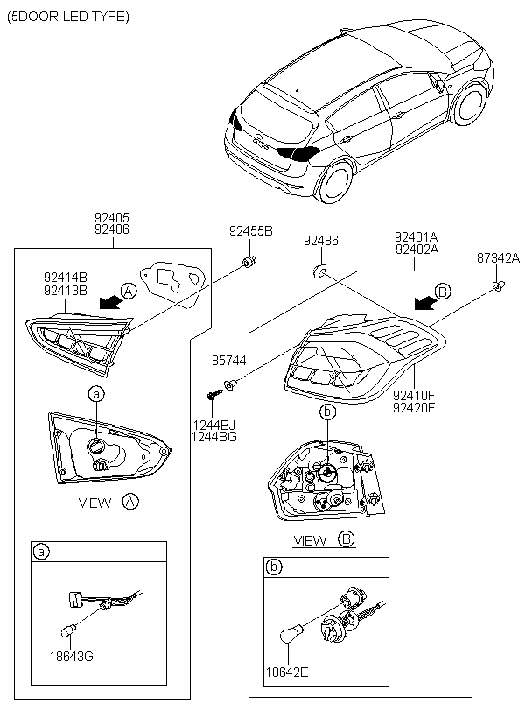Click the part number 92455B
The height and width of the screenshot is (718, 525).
(x=251, y=232)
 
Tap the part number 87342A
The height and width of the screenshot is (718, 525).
(x=498, y=258)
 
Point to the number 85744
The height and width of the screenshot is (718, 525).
(x=229, y=361)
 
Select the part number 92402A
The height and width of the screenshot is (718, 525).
(x=416, y=250)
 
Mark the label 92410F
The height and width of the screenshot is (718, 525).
(x=415, y=394)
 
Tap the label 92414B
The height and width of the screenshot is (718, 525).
(x=64, y=278)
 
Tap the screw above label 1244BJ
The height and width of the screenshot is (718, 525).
(x=213, y=397)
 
